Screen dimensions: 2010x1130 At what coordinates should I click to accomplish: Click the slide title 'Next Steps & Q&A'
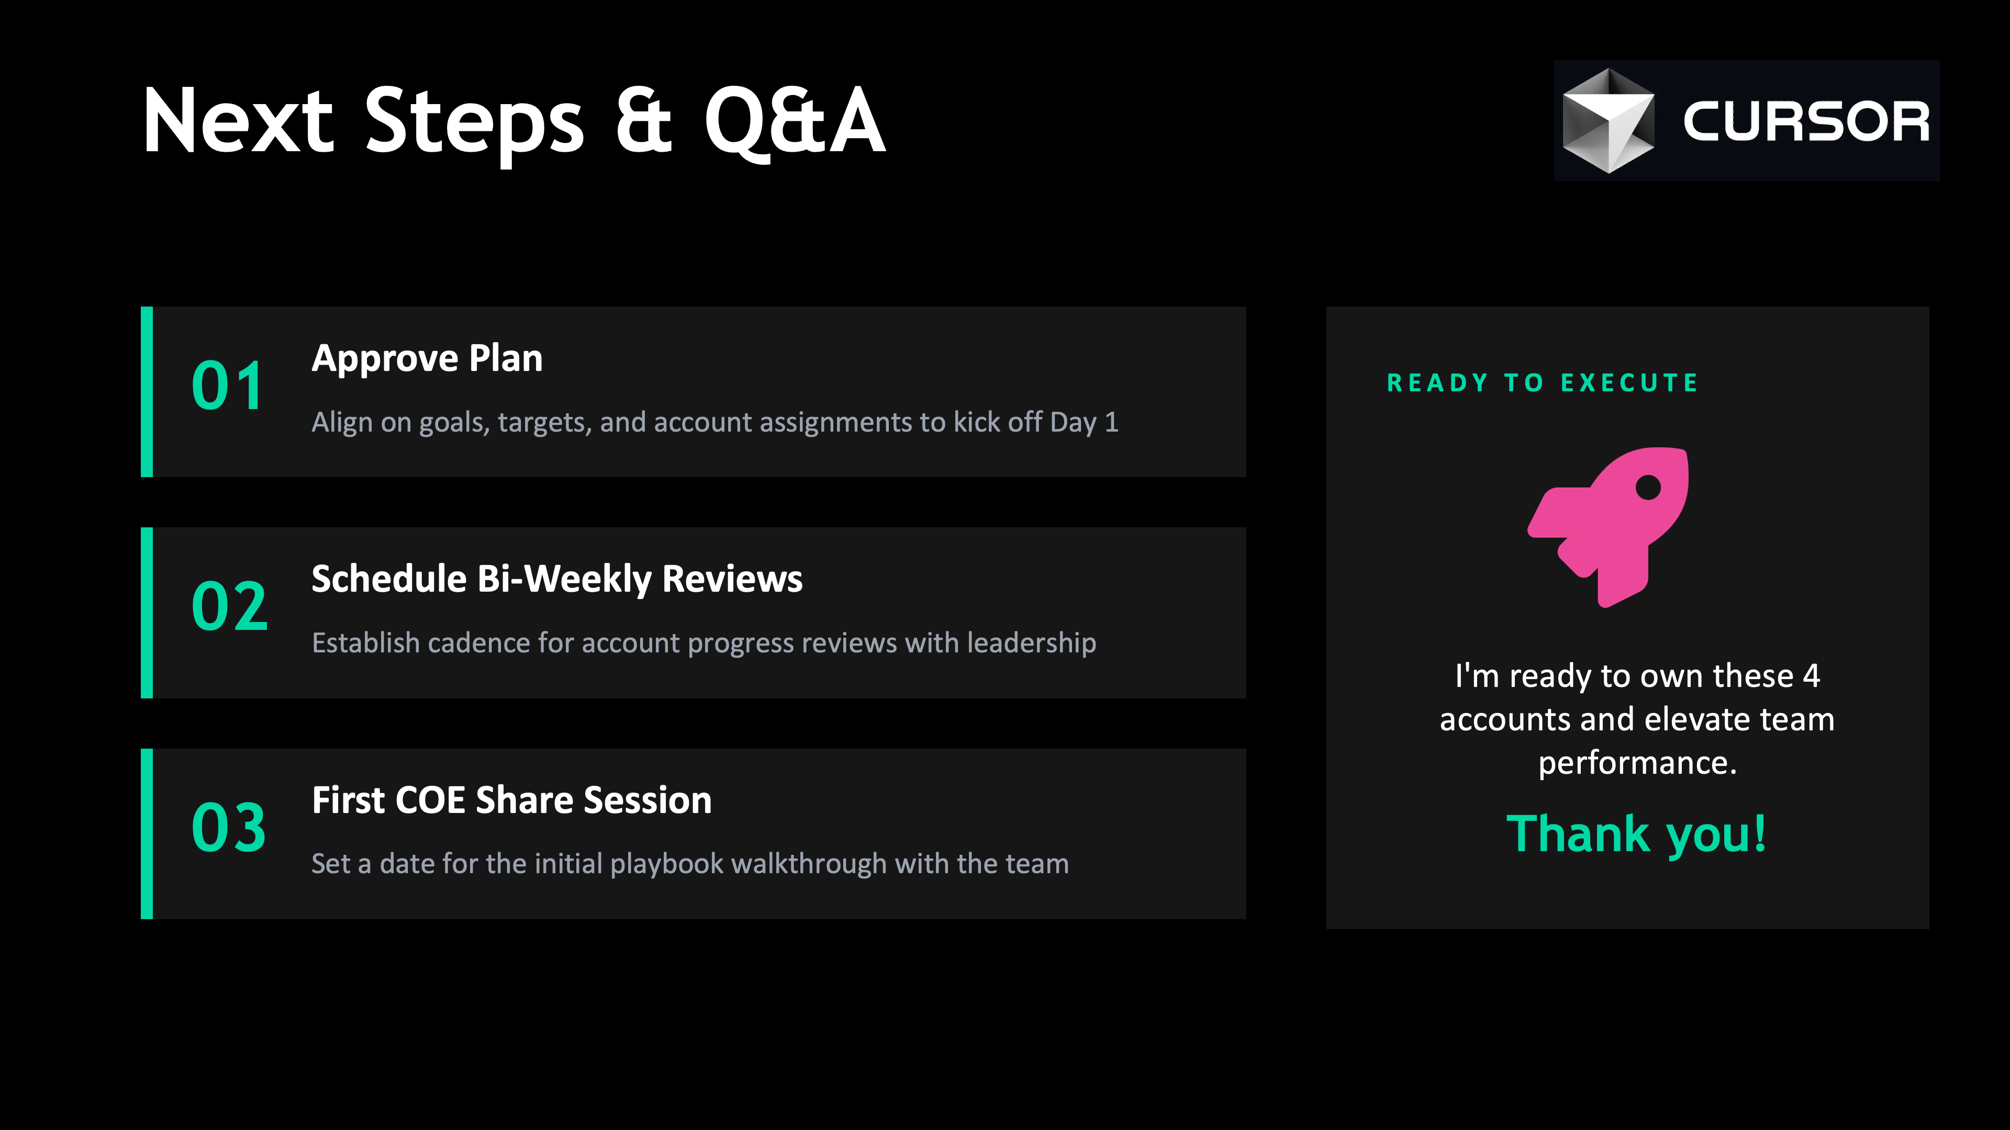[x=513, y=122]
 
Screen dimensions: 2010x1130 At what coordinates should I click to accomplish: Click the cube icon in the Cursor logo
[x=1608, y=121]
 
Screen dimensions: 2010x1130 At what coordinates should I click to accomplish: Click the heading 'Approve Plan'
[x=427, y=359]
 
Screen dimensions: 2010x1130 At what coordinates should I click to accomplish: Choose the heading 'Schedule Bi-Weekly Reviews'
[x=557, y=580]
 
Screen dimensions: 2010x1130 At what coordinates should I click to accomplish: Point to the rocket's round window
[x=1648, y=488]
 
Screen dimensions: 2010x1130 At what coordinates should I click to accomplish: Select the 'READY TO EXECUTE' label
[x=1543, y=383]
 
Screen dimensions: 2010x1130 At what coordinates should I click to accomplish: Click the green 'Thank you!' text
[x=1636, y=834]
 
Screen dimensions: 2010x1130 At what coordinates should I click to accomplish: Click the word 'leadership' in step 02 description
[x=1032, y=642]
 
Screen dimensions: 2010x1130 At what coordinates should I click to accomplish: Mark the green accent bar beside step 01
[x=147, y=391]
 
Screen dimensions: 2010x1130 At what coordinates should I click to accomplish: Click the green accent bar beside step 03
[x=147, y=834]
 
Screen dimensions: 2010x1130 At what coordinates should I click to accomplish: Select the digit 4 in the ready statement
[x=1811, y=675]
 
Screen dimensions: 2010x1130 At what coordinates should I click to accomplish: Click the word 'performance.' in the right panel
[x=1637, y=763]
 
